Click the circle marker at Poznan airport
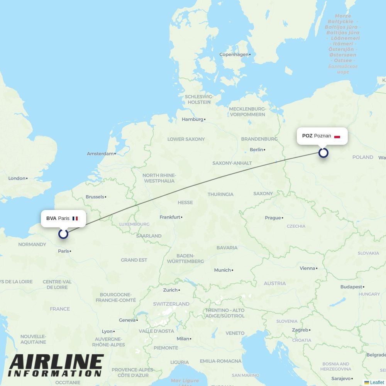323,153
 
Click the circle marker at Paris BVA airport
63,234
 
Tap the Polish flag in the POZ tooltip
337,136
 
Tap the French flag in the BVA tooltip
75,218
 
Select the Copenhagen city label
234,54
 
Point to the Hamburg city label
192,119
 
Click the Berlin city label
256,149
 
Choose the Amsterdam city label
100,154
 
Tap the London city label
17,178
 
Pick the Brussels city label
95,197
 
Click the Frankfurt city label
170,217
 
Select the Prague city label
273,218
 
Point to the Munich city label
222,270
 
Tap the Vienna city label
307,268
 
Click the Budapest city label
351,287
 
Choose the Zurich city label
170,290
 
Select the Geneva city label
127,320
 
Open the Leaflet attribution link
377,383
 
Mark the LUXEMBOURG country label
134,224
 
